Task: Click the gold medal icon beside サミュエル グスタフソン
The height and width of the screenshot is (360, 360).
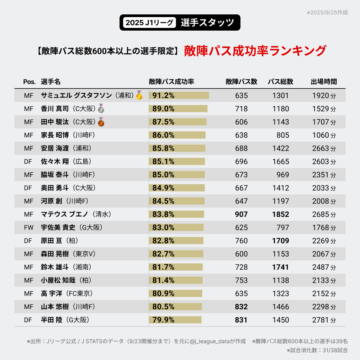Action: [x=139, y=95]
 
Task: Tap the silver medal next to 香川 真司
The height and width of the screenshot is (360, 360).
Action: [x=101, y=109]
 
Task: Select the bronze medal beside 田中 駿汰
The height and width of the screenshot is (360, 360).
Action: [x=101, y=122]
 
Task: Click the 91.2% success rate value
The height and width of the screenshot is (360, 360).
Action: [x=163, y=95]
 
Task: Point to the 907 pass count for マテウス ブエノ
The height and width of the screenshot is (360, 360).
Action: [x=241, y=214]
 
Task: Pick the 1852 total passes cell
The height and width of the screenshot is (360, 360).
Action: [x=280, y=214]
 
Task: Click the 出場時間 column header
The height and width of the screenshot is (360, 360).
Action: [x=324, y=82]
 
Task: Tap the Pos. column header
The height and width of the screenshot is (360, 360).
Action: [x=29, y=82]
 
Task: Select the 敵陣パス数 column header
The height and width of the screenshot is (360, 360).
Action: [x=241, y=82]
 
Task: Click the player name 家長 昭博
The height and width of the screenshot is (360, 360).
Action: [x=55, y=135]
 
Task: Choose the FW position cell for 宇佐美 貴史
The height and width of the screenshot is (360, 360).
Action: [x=29, y=227]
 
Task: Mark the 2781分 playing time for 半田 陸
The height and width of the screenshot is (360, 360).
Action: [x=324, y=320]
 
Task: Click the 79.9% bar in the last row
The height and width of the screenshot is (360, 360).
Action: [x=175, y=320]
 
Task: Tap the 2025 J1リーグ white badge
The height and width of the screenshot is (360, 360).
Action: [x=149, y=22]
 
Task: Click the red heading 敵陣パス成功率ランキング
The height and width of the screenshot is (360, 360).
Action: [x=255, y=51]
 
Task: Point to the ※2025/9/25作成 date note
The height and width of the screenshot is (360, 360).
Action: [x=327, y=13]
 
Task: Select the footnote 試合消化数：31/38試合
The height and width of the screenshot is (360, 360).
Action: [x=317, y=350]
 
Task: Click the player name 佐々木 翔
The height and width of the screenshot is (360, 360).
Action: [x=55, y=161]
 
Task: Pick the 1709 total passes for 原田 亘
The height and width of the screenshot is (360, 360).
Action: [x=280, y=241]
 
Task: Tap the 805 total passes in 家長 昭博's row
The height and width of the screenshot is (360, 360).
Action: [x=283, y=135]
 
